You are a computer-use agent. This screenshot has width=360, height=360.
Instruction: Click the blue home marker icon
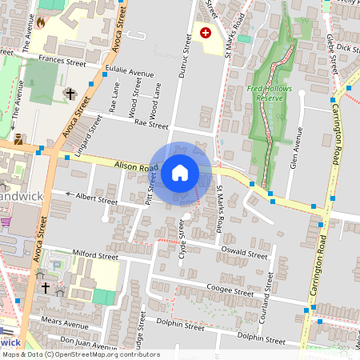click(x=180, y=172)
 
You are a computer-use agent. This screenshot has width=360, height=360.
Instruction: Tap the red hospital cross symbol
click(x=206, y=33)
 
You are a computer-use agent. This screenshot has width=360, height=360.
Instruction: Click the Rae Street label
click(x=151, y=125)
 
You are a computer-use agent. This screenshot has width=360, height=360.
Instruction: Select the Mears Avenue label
click(x=64, y=325)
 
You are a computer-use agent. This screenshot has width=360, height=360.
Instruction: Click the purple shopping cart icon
click(x=6, y=221)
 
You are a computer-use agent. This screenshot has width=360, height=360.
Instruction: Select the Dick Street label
click(x=346, y=48)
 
